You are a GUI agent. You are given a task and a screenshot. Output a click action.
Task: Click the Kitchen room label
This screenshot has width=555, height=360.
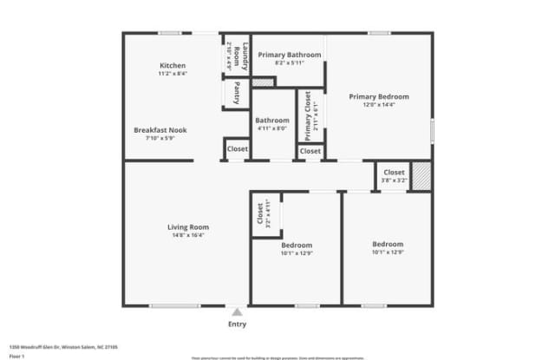coord(173,66)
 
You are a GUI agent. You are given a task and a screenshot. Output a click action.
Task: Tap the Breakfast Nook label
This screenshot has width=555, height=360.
coord(160,130)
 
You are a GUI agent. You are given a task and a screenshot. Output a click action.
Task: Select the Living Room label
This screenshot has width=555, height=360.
coord(188,227)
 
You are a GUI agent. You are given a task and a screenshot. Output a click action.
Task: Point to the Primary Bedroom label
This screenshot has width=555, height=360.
coord(379,96)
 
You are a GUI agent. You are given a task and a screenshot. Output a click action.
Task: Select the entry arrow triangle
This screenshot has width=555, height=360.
coord(237,311)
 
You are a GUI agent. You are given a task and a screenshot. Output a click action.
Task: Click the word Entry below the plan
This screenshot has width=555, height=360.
coord(237,324)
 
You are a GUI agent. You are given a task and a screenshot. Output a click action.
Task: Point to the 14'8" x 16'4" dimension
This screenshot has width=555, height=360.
coord(188,235)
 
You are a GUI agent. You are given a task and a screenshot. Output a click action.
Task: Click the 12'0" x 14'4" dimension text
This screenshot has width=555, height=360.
coord(379,105)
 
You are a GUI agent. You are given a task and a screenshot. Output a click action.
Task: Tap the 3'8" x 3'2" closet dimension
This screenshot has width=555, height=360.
coord(395,180)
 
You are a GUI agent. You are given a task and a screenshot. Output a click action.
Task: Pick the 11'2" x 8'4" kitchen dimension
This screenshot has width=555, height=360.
coord(173,74)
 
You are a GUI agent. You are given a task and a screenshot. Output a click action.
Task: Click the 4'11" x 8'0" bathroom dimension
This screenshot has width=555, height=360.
coord(272,129)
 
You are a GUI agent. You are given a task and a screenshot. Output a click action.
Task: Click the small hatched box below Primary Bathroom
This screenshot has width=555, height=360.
coord(263,82)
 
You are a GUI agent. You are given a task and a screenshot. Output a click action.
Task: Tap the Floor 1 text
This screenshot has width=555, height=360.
coord(16,355)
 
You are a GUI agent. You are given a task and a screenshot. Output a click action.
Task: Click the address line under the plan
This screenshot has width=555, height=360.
coord(63,346)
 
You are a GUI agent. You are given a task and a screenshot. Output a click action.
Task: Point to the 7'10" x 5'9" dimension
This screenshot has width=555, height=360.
coord(160,139)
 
